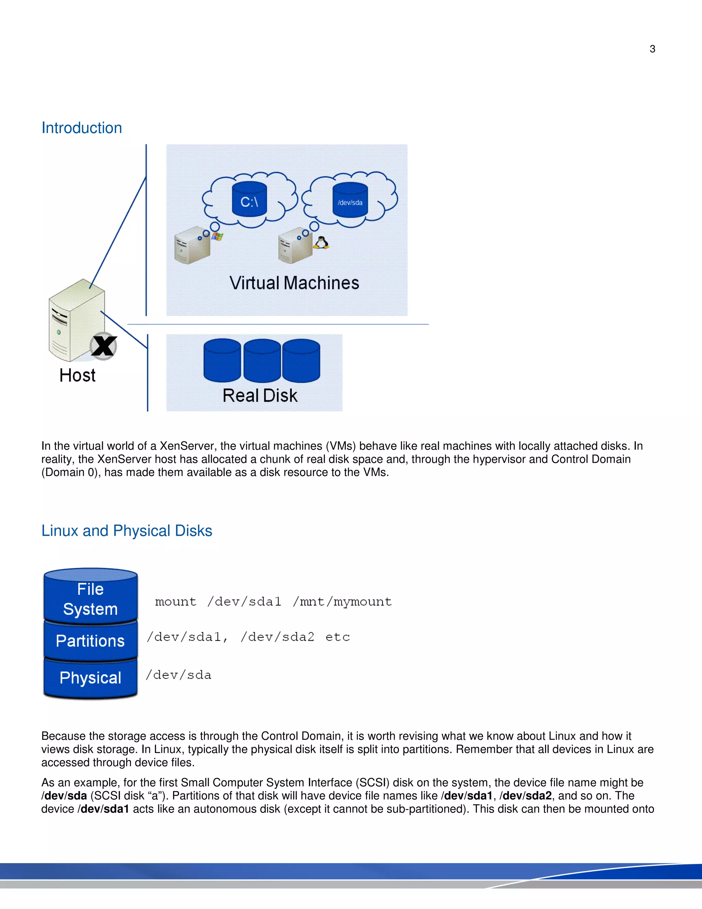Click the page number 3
(x=652, y=49)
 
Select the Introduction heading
(x=82, y=128)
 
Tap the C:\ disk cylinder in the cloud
(x=249, y=200)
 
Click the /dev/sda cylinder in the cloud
(x=350, y=201)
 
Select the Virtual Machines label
(x=294, y=283)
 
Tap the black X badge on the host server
(x=104, y=346)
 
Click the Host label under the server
(x=77, y=375)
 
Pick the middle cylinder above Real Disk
(x=262, y=360)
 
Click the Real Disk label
(x=260, y=396)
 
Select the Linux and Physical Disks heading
(x=127, y=531)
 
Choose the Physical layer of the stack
(x=90, y=677)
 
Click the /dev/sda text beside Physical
(x=178, y=675)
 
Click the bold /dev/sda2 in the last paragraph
(x=526, y=796)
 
